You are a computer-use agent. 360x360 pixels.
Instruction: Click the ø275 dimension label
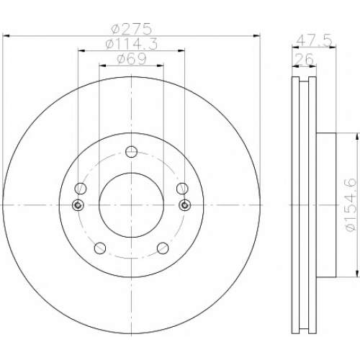coord(132,29)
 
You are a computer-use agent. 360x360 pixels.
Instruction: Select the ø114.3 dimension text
coord(132,44)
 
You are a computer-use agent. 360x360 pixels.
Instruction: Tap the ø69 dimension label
coord(132,59)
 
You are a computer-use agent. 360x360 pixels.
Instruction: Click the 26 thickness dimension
coord(304,59)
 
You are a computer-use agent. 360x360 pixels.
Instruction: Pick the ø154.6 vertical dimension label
coord(351,205)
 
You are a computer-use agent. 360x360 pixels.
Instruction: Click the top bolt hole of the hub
coord(131,152)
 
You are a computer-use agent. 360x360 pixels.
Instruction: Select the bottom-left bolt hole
coord(100,248)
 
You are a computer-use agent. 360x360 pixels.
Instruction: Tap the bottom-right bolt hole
coord(163,248)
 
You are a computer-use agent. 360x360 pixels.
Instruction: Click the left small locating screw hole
coord(78,205)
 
